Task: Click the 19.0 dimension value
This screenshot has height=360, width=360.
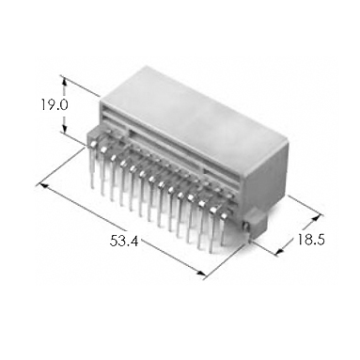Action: pos(55,104)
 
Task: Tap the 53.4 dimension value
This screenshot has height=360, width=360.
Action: pos(124,241)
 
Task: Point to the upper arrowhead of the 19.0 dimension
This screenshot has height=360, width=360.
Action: pos(64,82)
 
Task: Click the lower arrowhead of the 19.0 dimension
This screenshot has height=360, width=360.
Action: pos(64,128)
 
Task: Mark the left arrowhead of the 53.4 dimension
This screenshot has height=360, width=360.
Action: pos(42,186)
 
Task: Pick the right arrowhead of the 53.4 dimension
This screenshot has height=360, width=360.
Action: pos(201,274)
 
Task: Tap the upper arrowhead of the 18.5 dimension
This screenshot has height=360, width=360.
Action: pos(317,218)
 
